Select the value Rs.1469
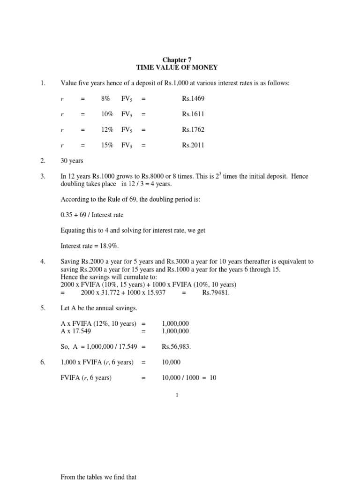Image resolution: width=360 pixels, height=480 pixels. pos(193,98)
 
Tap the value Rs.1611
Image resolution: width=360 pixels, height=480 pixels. pos(193,114)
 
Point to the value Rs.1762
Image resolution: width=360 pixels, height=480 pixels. pos(193,129)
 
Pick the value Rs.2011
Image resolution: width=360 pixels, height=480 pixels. pos(193,145)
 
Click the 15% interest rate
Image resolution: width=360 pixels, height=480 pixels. pos(107,145)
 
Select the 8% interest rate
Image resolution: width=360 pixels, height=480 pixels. pos(105,98)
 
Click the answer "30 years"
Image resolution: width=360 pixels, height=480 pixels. pos(72,161)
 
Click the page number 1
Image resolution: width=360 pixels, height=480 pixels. pos(177,396)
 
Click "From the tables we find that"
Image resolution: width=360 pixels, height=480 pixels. pos(98,477)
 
